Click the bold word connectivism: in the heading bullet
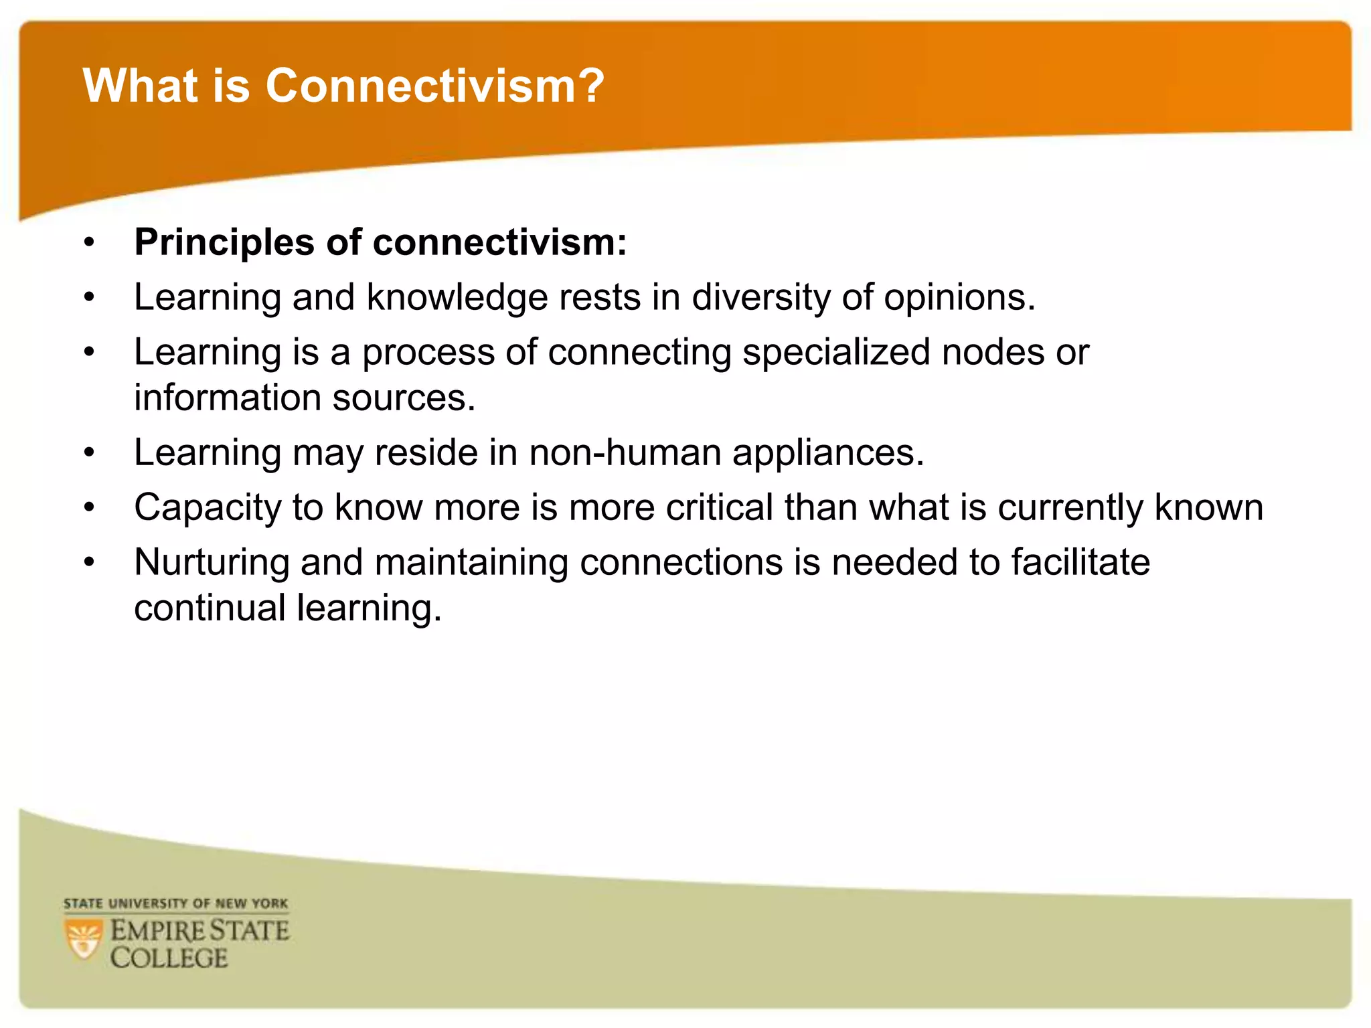coord(499,242)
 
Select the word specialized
coord(836,352)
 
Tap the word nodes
coord(993,352)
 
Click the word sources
coord(404,398)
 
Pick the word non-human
coord(625,452)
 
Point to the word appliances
coord(828,454)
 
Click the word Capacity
coord(208,508)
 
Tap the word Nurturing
coord(212,563)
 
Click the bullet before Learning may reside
coord(90,454)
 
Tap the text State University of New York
coord(175,904)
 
